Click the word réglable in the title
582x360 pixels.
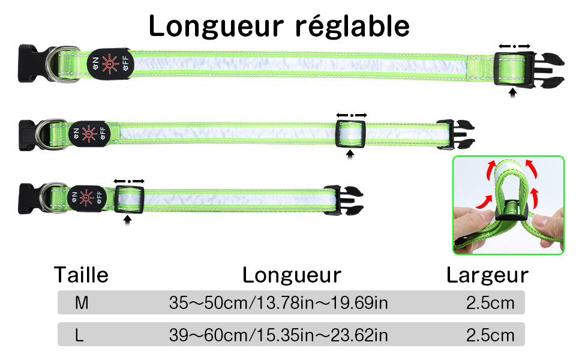352,27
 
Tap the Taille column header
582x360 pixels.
82,275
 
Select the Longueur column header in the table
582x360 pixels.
292,275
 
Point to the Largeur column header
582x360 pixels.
487,275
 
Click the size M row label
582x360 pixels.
82,302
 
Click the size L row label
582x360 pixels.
79,335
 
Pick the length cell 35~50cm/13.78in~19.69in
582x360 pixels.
278,302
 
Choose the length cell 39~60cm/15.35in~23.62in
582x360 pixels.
278,335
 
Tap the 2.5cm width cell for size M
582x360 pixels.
490,302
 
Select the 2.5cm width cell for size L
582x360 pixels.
490,335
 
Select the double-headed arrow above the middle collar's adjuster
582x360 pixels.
350,114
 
